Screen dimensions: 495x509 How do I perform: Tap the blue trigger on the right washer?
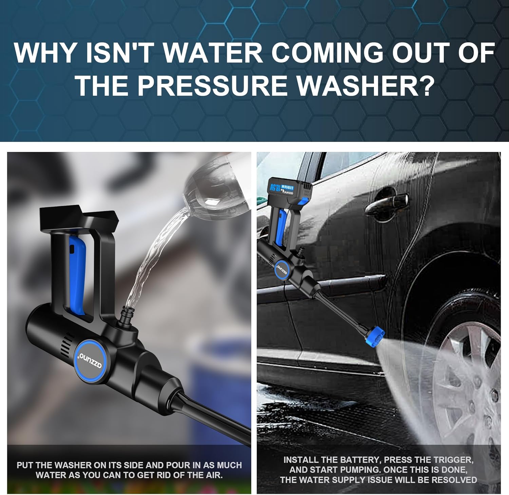coord(281,226)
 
